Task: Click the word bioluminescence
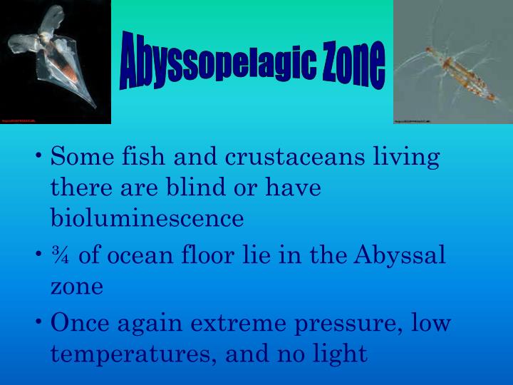click(x=147, y=218)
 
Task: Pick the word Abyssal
click(x=402, y=255)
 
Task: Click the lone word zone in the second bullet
click(x=77, y=287)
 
